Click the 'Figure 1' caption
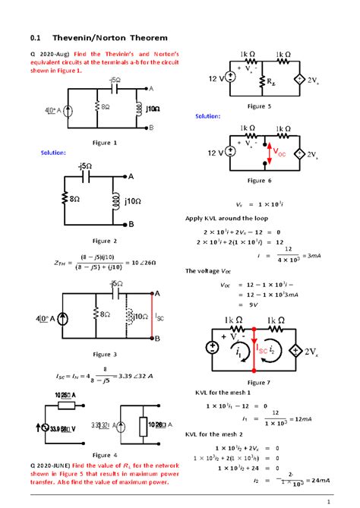click(x=104, y=142)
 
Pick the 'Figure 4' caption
click(x=104, y=454)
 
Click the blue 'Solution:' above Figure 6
click(x=207, y=116)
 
